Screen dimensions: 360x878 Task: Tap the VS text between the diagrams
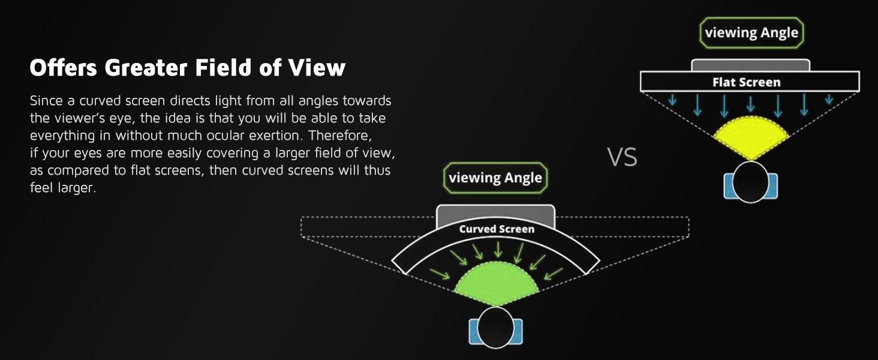(x=622, y=157)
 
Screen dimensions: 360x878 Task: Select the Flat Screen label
(x=746, y=82)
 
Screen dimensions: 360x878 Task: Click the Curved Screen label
(x=496, y=229)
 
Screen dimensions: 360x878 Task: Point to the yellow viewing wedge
(x=750, y=137)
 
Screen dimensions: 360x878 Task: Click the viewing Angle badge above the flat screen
(x=751, y=32)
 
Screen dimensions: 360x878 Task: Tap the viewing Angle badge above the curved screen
(x=495, y=178)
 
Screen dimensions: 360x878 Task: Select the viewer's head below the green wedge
(x=496, y=327)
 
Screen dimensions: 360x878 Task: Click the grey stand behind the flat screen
(x=750, y=65)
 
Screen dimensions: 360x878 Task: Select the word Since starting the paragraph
(x=46, y=101)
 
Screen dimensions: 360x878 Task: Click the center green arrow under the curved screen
(x=497, y=251)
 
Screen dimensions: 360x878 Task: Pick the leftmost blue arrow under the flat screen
(x=672, y=100)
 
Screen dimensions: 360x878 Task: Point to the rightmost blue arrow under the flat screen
(x=828, y=100)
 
